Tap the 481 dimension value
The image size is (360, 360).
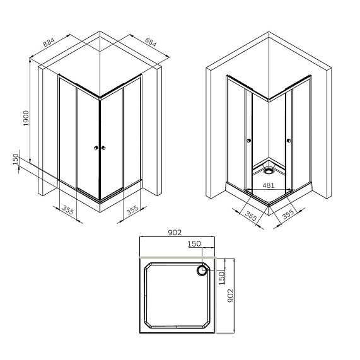pos(268,185)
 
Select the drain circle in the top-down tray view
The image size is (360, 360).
pos(202,272)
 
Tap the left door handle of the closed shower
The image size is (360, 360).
pos(96,148)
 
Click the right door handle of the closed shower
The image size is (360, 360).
pos(104,148)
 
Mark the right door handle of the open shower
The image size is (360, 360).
pos(288,141)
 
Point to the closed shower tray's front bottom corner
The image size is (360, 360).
pos(100,202)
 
